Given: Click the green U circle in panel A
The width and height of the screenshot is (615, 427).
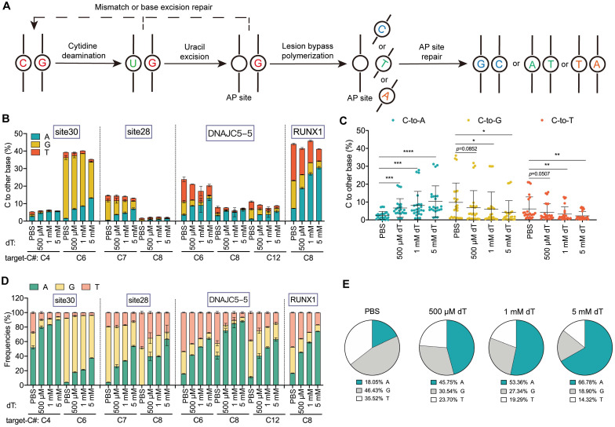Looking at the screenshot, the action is pos(133,63).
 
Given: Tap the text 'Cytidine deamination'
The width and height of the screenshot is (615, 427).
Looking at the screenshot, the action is pos(83,50).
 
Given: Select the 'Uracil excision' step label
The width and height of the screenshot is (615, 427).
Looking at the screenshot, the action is pos(194,52).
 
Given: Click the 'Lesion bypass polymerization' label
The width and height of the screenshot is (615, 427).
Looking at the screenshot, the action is pos(307,50).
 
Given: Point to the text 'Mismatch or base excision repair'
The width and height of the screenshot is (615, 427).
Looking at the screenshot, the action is pos(154,7).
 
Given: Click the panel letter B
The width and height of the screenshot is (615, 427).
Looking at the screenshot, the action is pos(5,118).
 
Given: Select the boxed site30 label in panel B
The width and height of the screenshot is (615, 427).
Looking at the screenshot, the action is pos(66,132).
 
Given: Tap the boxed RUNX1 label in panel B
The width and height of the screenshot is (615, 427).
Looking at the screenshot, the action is pos(307,132).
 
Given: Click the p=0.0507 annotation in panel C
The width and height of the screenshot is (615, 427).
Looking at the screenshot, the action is pos(539,174).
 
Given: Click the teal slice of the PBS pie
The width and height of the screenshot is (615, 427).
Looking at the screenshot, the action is pos(383,333).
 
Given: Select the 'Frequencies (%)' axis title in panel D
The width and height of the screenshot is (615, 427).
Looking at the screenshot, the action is pos(7,341).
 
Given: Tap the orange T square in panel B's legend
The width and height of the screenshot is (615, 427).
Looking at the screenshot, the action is pos(35,152).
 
